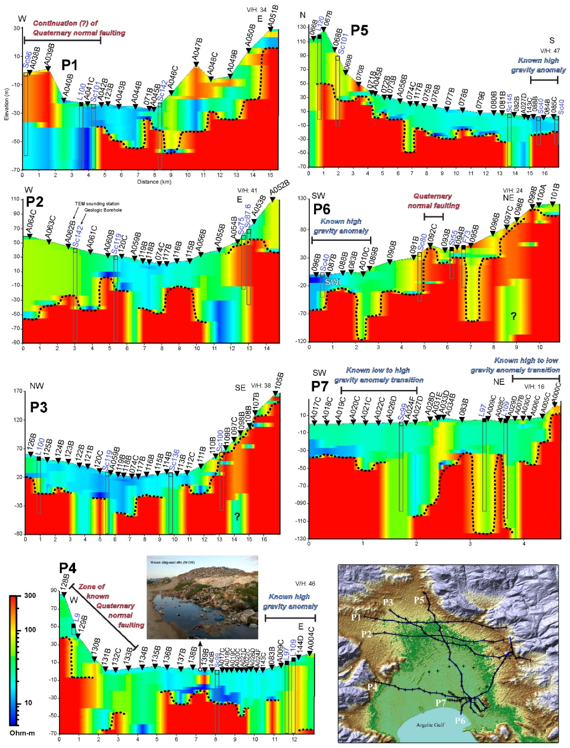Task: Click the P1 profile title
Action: pos(69,65)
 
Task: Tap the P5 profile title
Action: pos(359,30)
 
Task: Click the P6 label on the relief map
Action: pos(460,721)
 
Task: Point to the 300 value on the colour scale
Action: pos(30,596)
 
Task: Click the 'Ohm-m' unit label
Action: pos(22,733)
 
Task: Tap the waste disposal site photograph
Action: pos(202,597)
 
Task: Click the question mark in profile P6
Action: pos(514,316)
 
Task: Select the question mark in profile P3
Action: pos(237,516)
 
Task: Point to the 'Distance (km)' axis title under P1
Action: pos(154,182)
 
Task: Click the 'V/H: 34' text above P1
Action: pos(256,10)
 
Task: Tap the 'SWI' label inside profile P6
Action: pos(332,282)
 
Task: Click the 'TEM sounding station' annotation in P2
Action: pos(97,203)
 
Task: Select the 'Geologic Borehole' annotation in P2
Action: pos(103,210)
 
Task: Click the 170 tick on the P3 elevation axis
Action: pos(18,391)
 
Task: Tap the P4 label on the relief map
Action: pos(372,686)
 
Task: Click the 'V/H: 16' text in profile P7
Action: pos(534,387)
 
